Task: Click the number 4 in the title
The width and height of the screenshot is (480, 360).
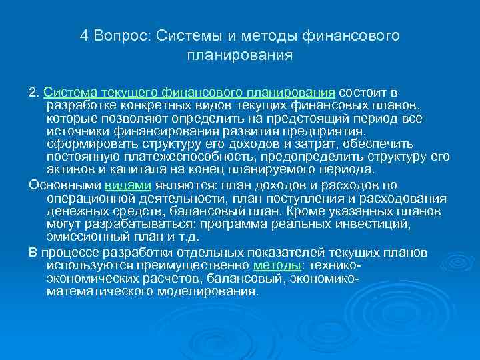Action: (x=83, y=35)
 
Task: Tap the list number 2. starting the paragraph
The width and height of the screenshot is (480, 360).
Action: (x=35, y=93)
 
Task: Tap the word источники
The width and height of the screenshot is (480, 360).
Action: (x=76, y=131)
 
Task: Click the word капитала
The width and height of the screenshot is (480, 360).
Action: (x=128, y=169)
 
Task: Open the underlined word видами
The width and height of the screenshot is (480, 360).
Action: (x=128, y=186)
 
